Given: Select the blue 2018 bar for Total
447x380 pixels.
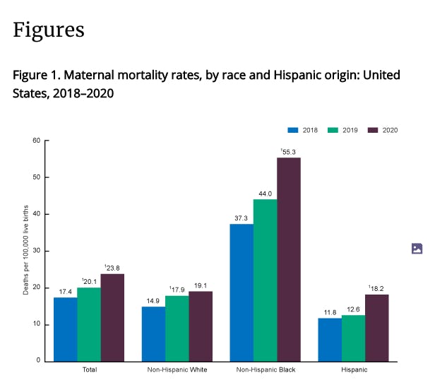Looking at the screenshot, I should pos(65,329).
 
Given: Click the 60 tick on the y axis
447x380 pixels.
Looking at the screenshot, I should pos(36,141).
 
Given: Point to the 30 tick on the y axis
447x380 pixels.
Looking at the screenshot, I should pos(36,251).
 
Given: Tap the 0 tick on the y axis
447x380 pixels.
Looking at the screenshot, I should pos(38,361).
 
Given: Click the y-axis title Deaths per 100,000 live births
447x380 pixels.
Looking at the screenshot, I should pos(26,251).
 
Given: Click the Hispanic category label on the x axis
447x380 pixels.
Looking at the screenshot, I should pos(353,369).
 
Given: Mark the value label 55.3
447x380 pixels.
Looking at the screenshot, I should pos(289,152).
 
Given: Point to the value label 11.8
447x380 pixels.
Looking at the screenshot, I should pos(330,312).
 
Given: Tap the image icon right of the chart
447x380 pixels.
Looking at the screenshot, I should pos(417,249).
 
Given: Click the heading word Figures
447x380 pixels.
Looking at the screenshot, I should pos(49,30).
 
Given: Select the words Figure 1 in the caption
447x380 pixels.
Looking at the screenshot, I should pos(36,75).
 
